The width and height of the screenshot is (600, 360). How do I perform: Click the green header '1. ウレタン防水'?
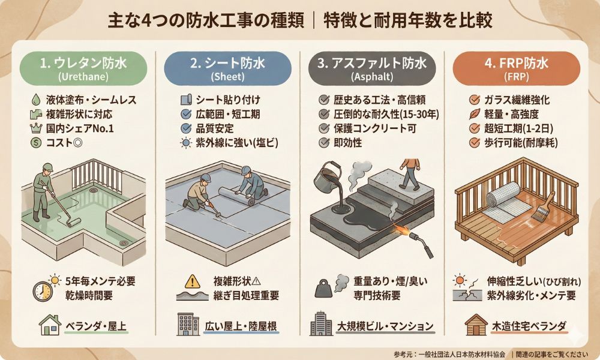pyautogui.click(x=83, y=68)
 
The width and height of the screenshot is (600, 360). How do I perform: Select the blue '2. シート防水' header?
pyautogui.click(x=227, y=68)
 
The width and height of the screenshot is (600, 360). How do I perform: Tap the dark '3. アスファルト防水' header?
pyautogui.click(x=372, y=68)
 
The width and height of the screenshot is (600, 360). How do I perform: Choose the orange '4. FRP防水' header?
pyautogui.click(x=516, y=68)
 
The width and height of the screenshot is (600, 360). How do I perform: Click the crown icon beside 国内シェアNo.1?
pyautogui.click(x=35, y=128)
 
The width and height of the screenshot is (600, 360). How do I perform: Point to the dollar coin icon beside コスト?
pyautogui.click(x=35, y=143)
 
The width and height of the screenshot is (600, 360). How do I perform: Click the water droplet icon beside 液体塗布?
pyautogui.click(x=35, y=100)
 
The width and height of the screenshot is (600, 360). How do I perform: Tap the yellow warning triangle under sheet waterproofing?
pyautogui.click(x=192, y=282)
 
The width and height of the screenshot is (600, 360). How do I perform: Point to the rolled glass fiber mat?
pyautogui.click(x=503, y=194)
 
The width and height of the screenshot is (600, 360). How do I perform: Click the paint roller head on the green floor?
pyautogui.click(x=73, y=222)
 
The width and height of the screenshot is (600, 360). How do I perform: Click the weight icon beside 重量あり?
pyautogui.click(x=323, y=289)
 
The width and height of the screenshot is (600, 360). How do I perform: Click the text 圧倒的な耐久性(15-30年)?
pyautogui.click(x=386, y=114)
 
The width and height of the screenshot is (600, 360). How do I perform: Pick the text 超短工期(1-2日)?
pyautogui.click(x=518, y=128)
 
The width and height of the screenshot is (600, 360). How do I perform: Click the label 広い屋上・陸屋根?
pyautogui.click(x=241, y=326)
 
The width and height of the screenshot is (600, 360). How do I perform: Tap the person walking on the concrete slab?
pyautogui.click(x=410, y=174)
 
